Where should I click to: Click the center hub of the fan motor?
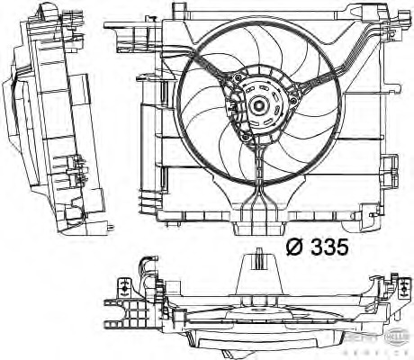[259, 105]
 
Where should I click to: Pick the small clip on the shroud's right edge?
[389, 166]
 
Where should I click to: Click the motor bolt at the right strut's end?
[285, 101]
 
